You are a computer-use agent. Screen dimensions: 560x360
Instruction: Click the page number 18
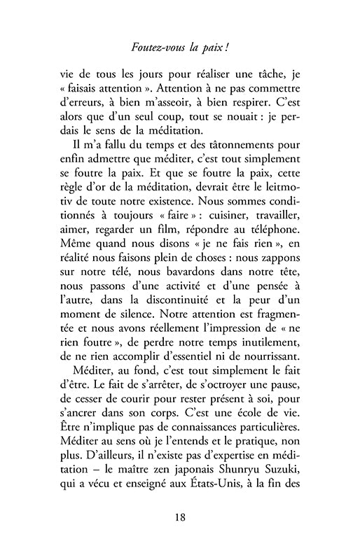(x=180, y=518)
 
